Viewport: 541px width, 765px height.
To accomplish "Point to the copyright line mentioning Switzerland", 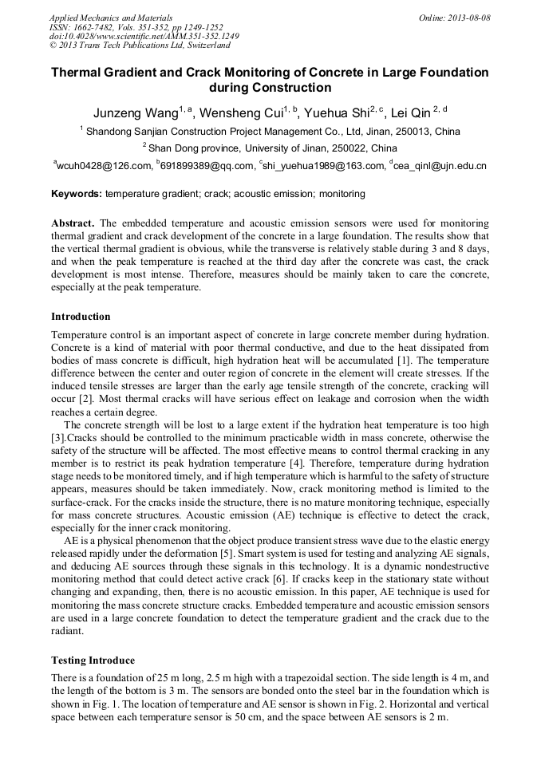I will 140,46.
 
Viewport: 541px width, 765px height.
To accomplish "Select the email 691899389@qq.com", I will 206,166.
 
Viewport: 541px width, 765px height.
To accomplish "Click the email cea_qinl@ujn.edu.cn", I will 440,166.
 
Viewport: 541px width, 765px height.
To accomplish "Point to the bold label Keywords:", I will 77,194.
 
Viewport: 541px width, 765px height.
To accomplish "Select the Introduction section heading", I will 81,317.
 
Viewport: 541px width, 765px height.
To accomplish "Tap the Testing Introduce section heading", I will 93,661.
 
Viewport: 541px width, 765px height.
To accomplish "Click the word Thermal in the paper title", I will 78,73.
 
